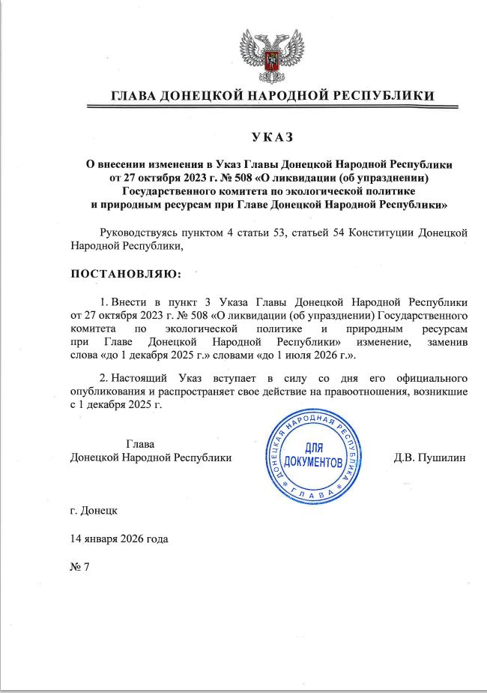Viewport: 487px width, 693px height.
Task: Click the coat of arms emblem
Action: click(271, 55)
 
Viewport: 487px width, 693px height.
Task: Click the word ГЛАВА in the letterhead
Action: click(135, 96)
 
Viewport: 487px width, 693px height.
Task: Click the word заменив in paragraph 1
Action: click(447, 341)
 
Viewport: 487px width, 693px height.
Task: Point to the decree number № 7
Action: click(79, 565)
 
